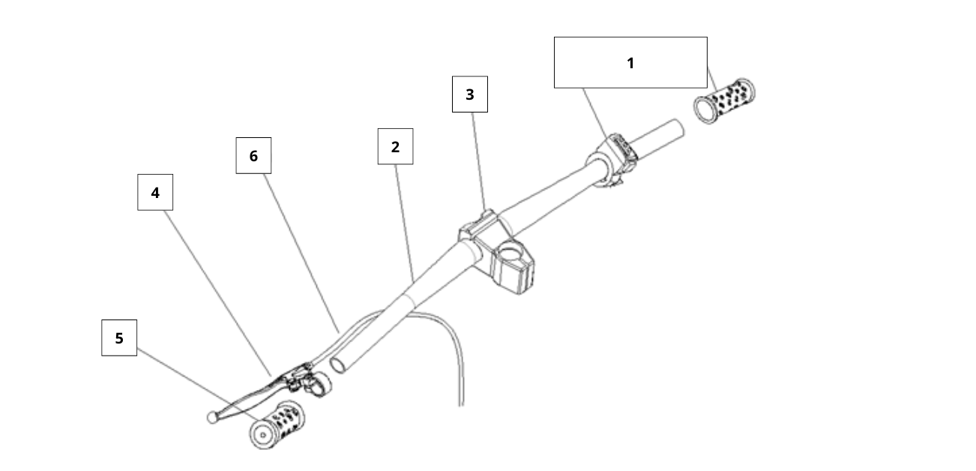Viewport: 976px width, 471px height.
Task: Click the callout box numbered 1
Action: (630, 63)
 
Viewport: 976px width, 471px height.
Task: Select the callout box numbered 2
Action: (395, 147)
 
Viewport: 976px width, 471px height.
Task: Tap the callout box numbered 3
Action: (469, 94)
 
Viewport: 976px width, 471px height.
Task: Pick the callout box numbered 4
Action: (155, 193)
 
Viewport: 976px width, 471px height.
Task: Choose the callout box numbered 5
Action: (119, 338)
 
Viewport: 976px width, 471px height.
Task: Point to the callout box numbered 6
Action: (253, 156)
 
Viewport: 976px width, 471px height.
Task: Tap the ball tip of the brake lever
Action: (212, 416)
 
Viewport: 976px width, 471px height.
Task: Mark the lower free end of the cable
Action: (461, 403)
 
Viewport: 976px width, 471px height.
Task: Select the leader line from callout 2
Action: (405, 217)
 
